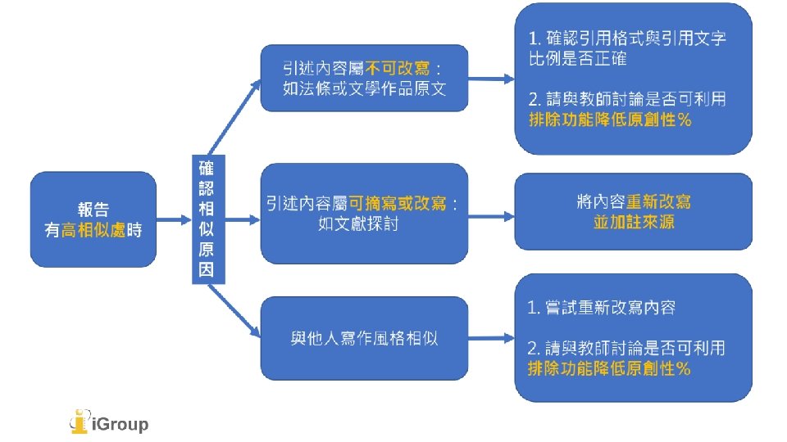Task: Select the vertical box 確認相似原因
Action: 207,219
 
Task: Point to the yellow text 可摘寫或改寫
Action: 399,202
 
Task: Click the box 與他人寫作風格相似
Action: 365,337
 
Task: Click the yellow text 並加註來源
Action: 633,222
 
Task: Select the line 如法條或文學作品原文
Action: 365,88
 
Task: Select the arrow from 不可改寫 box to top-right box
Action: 490,79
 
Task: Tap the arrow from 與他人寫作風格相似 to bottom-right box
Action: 490,337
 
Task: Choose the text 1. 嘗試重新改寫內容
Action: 601,308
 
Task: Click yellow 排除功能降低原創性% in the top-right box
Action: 610,120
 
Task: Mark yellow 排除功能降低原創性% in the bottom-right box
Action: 610,368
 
